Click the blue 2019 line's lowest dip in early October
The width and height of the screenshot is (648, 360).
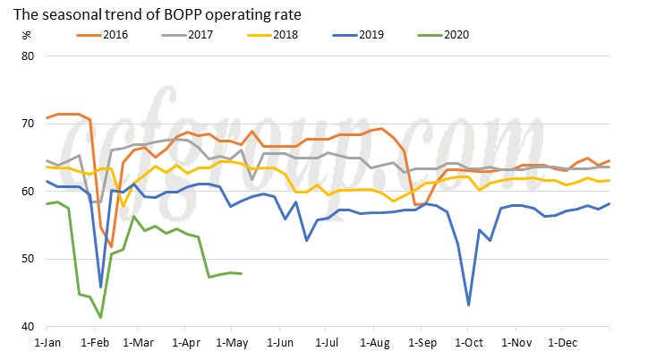pos(469,305)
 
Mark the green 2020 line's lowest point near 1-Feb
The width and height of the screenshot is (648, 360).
pos(101,317)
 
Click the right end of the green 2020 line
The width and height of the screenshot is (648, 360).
pos(243,274)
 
